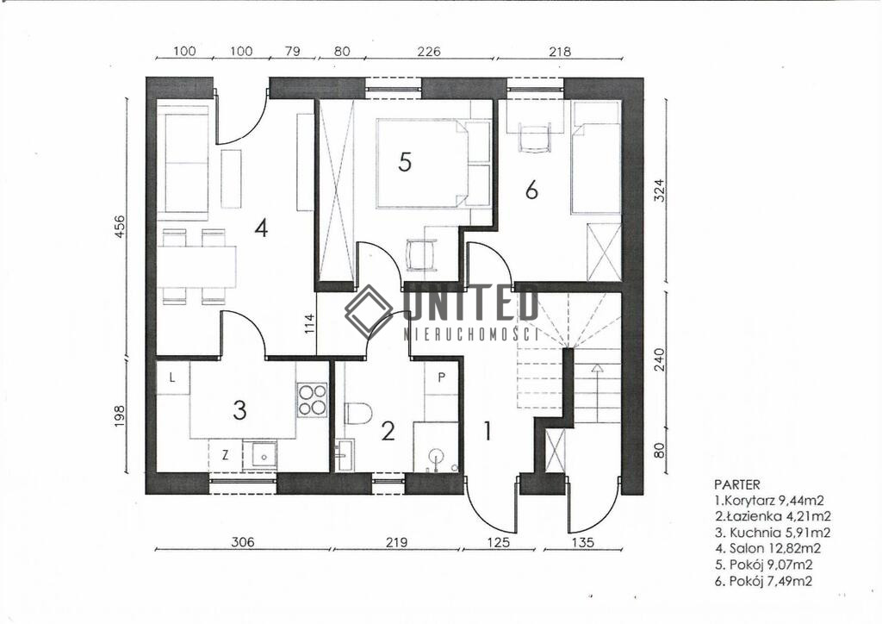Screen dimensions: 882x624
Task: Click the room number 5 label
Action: [405, 162]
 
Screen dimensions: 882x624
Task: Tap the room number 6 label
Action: [531, 190]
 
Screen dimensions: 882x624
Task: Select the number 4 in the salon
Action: [260, 228]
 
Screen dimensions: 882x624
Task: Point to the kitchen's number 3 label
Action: [239, 410]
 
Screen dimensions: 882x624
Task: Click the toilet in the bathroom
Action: [358, 414]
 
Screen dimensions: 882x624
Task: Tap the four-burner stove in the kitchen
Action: [312, 400]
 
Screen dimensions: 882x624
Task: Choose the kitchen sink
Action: [260, 455]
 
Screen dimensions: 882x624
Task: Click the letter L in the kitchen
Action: [172, 378]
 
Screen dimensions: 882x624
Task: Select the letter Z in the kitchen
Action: [225, 455]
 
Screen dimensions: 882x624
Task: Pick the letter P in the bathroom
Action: [442, 378]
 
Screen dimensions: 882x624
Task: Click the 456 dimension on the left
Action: [120, 228]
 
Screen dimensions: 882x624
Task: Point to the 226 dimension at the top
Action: [429, 51]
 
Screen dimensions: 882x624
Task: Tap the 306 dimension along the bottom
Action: [242, 542]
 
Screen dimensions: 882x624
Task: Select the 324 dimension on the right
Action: [660, 190]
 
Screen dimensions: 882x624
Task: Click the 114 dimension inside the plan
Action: [309, 324]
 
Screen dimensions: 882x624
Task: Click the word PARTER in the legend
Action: [737, 484]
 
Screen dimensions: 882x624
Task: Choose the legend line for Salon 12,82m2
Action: [767, 549]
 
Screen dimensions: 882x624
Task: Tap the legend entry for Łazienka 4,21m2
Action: [773, 516]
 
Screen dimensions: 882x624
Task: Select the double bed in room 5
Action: [434, 163]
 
